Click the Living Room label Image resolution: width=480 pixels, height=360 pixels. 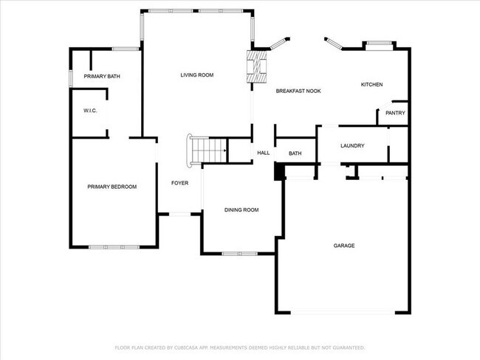coord(197,75)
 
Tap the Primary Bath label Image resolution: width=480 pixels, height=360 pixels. coord(102,77)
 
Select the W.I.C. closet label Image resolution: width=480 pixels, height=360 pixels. coord(90,111)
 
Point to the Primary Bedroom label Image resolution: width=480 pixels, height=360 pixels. coord(112,187)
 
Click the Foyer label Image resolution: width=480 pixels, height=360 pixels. coord(180,183)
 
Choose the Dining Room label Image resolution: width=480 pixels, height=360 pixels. coord(241,210)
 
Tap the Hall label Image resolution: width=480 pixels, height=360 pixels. coord(263,153)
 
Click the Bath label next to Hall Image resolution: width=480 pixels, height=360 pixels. coord(295,153)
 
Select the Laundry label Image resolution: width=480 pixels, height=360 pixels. coord(352,146)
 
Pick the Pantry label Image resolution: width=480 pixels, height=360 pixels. coord(395,113)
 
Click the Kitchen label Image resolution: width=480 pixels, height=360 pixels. coord(371,85)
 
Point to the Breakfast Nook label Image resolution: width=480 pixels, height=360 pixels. coord(298,91)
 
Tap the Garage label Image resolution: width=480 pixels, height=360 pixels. coord(344,246)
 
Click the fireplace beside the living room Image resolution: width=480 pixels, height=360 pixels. coord(256,65)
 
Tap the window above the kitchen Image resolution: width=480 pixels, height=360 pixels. coord(380,45)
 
